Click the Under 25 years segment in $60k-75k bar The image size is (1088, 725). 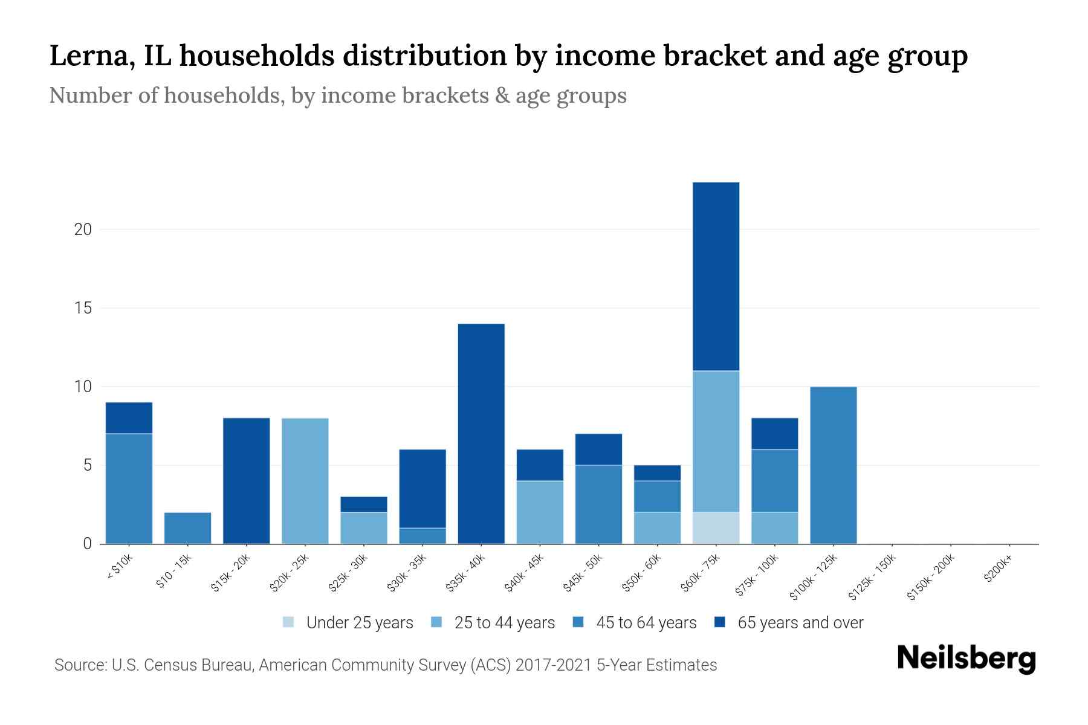click(x=716, y=527)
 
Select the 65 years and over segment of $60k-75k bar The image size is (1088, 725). click(x=716, y=276)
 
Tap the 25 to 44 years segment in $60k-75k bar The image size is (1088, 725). click(x=716, y=441)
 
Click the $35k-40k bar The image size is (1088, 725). click(x=481, y=434)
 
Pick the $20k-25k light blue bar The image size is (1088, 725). click(x=305, y=481)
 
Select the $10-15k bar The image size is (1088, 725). click(x=188, y=528)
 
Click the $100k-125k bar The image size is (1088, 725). click(x=833, y=465)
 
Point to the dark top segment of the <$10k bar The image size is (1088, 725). click(x=129, y=417)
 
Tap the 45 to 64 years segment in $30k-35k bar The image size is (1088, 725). click(x=423, y=536)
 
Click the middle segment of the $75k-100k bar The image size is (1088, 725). click(x=774, y=481)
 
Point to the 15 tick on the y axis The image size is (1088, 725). click(x=83, y=308)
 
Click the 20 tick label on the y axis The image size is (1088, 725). click(x=83, y=230)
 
